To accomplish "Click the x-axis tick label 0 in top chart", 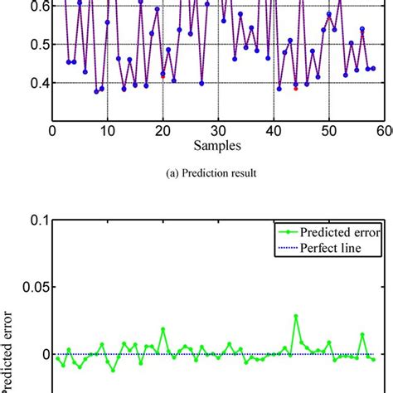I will coord(52,131).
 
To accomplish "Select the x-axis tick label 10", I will coord(107,131).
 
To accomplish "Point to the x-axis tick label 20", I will coord(163,131).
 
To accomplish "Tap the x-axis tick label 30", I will coord(218,131).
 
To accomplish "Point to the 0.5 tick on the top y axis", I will coord(36,44).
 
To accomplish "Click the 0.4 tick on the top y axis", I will coord(36,83).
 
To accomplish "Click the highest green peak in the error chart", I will coord(295,316).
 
